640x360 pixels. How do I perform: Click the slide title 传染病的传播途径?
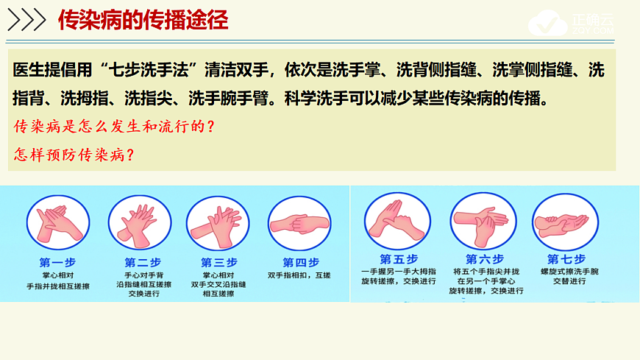tap(143, 19)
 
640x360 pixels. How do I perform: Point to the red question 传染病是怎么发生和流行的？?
tap(114, 126)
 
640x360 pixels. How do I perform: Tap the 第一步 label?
tap(57, 263)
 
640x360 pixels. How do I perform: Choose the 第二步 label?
tap(143, 263)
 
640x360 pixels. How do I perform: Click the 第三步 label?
tap(219, 263)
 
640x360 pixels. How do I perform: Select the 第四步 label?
tap(301, 263)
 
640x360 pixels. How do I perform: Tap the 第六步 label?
tap(485, 259)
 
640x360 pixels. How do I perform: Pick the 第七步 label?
tap(566, 259)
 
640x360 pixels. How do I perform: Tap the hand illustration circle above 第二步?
tap(140, 222)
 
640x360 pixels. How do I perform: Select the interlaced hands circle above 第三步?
tap(218, 222)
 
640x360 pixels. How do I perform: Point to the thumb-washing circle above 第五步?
tap(397, 219)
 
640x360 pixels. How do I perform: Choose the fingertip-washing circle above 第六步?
tap(483, 220)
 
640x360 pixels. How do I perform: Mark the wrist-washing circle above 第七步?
tap(564, 220)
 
